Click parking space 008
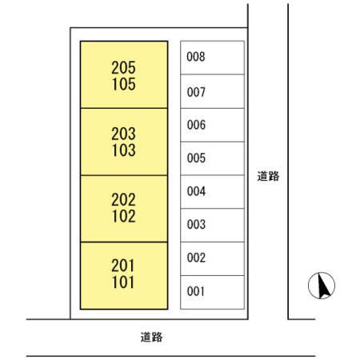tap(212, 58)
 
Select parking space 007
tap(212, 91)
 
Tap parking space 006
tap(212, 125)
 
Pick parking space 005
tap(212, 158)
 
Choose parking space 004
tap(212, 192)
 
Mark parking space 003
tap(212, 225)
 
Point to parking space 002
tap(212, 258)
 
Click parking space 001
tap(212, 292)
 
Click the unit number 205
tap(123, 69)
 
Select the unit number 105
tap(123, 84)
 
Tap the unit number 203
tap(123, 134)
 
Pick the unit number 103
tap(123, 150)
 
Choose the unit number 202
tap(123, 200)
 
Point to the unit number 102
tap(123, 215)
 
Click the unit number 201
tap(123, 266)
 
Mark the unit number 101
tap(123, 282)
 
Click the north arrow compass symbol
tap(322, 285)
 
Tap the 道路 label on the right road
tap(268, 176)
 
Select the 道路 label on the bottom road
tap(151, 338)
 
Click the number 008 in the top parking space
tap(196, 58)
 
